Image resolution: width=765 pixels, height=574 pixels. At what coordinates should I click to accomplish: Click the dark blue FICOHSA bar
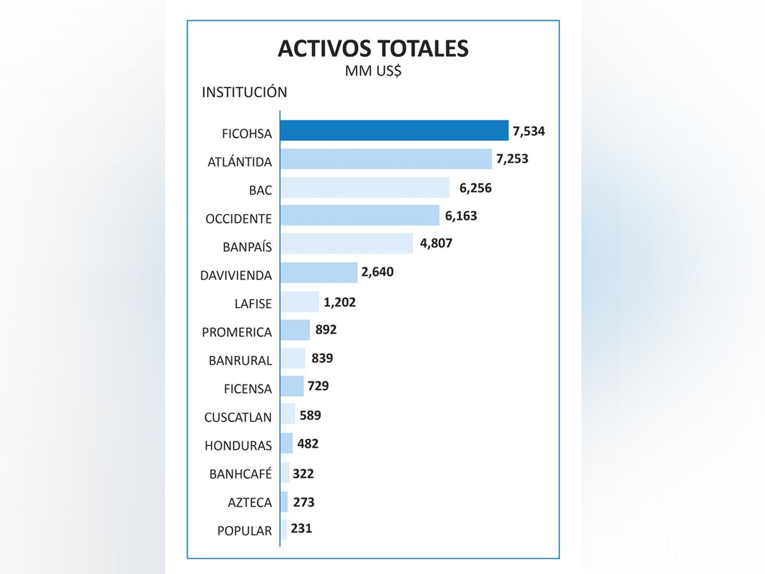(394, 130)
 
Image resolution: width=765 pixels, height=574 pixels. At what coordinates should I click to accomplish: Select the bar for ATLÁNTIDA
(386, 159)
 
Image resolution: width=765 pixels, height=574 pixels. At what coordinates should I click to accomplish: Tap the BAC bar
(365, 188)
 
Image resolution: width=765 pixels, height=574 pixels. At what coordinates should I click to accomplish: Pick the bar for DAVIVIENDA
(319, 272)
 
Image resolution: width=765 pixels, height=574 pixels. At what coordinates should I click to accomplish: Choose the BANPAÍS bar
(346, 244)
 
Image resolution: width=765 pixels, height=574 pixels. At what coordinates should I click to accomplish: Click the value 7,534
(529, 131)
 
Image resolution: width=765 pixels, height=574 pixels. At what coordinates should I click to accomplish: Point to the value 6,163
(461, 216)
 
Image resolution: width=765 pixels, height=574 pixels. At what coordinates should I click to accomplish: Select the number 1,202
(340, 302)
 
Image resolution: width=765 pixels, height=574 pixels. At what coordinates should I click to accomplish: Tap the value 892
(326, 330)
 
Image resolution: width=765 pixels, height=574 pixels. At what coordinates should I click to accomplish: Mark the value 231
(302, 528)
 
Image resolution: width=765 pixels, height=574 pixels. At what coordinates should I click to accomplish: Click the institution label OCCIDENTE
(238, 219)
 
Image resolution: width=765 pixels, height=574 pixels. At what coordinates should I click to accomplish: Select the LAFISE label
(253, 304)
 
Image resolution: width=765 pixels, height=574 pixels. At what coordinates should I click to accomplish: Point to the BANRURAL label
(240, 360)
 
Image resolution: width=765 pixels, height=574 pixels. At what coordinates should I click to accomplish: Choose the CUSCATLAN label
(238, 417)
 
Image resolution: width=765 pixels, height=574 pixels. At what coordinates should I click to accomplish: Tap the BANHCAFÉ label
(240, 474)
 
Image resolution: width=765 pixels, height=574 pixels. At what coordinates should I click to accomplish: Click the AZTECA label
(250, 503)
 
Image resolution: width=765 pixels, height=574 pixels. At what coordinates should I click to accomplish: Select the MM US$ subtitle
(373, 71)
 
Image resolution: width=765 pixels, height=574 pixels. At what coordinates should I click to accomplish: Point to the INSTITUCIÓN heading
(244, 92)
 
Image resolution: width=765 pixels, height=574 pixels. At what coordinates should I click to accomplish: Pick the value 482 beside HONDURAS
(308, 443)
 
